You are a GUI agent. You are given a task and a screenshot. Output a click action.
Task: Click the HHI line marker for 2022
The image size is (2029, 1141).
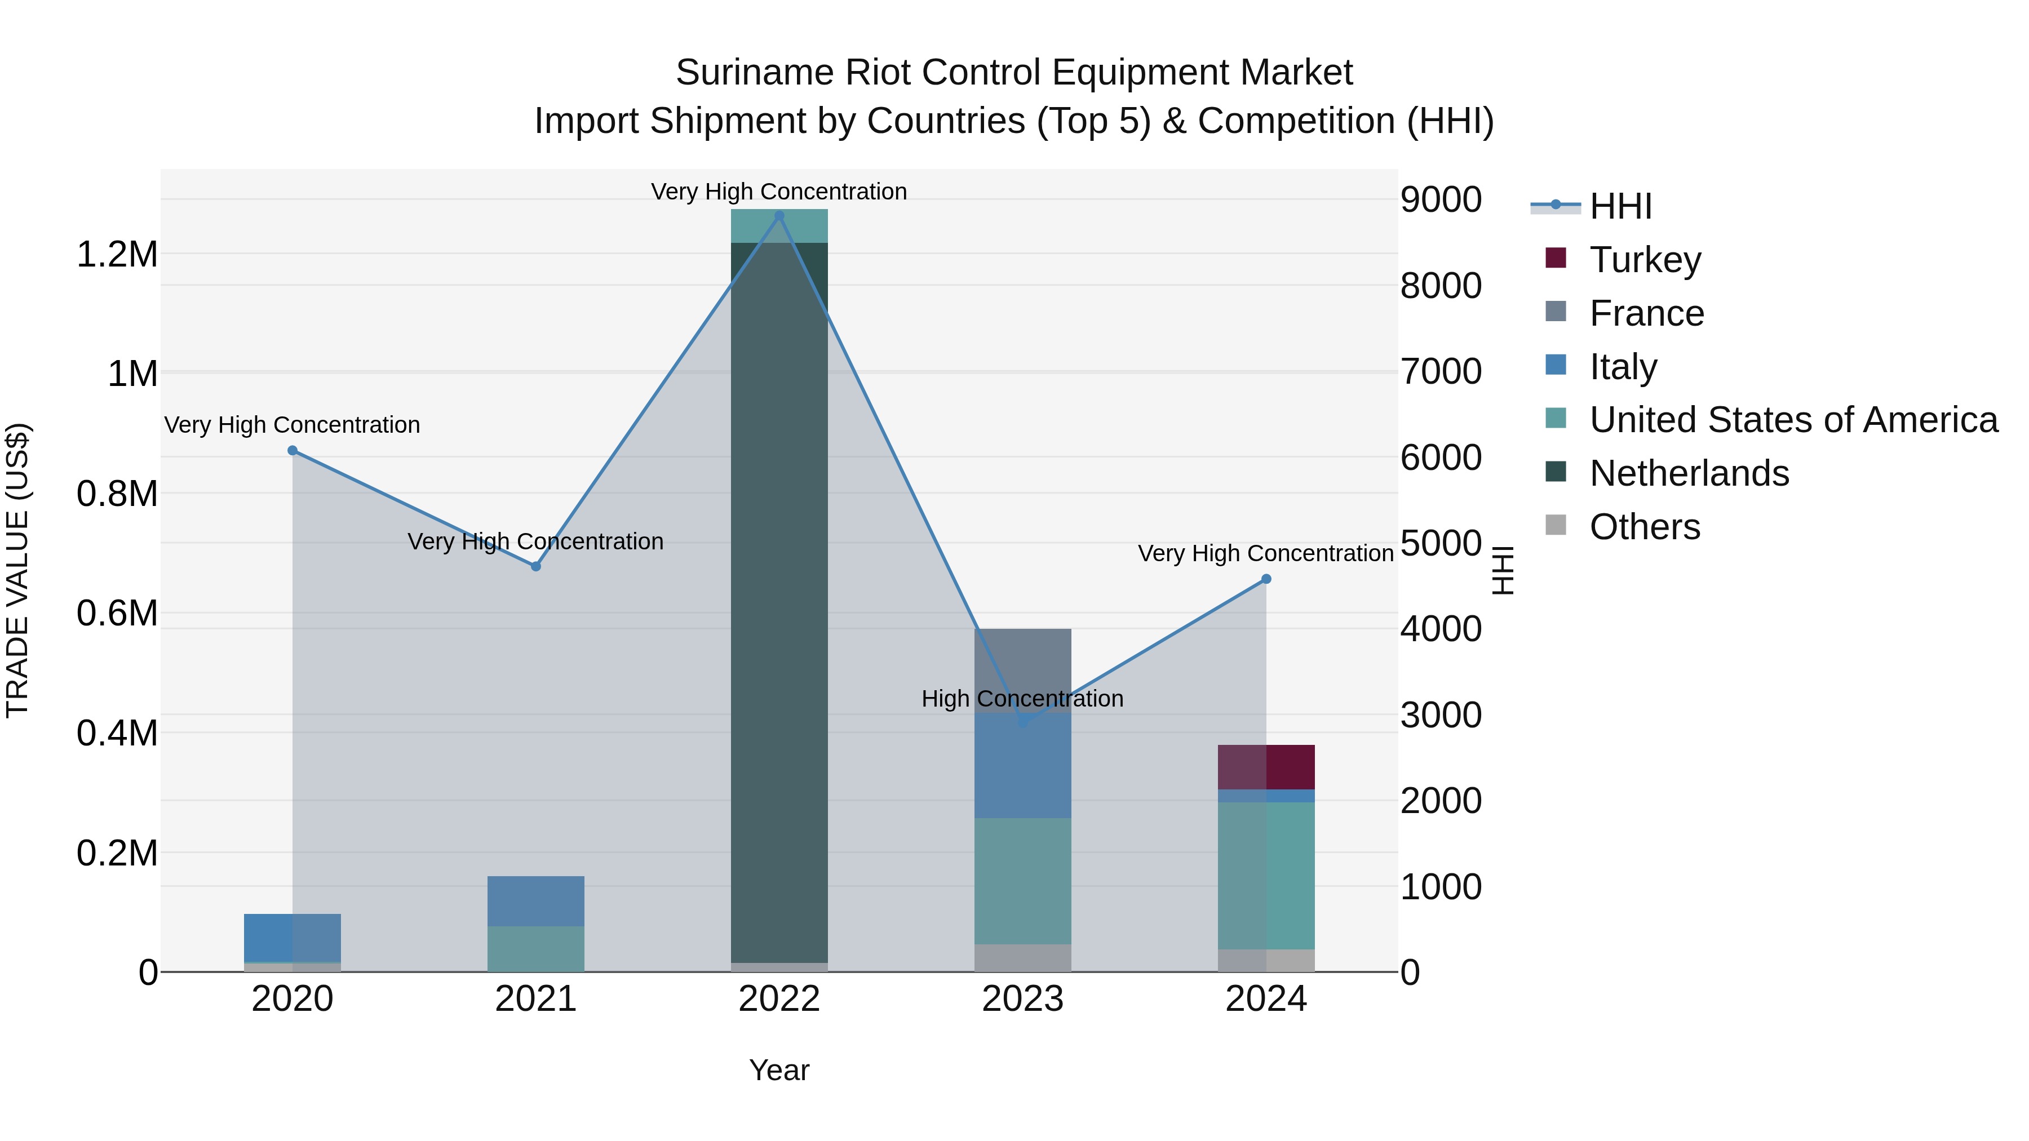(x=779, y=216)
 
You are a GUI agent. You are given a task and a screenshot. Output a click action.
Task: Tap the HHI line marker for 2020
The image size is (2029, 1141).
(x=292, y=450)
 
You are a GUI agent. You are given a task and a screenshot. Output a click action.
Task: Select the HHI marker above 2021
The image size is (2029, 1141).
(x=535, y=566)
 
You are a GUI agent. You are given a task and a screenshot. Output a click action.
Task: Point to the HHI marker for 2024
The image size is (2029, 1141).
(x=1266, y=579)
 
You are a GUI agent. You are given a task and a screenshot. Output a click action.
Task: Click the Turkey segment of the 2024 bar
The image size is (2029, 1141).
(x=1266, y=767)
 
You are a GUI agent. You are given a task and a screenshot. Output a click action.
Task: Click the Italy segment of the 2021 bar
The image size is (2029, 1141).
(x=535, y=901)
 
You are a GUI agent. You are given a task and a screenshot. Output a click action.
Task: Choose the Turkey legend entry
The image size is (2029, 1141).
(x=1645, y=260)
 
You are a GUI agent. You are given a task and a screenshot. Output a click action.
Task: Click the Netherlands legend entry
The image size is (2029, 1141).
(x=1689, y=473)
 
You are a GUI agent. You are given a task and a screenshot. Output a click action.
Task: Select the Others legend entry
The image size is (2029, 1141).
(x=1644, y=527)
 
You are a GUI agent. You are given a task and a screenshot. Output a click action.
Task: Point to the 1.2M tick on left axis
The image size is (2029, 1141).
(x=117, y=255)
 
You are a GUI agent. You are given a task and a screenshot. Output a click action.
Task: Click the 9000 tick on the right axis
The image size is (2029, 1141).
(x=1441, y=200)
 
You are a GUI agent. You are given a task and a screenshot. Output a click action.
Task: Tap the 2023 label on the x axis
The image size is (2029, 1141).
(x=1022, y=999)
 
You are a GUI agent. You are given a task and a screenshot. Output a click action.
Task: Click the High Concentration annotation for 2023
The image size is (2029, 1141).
(x=1022, y=699)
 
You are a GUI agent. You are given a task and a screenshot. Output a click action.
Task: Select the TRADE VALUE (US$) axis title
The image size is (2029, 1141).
(x=17, y=570)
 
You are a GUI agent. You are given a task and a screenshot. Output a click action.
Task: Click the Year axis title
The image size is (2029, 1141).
(x=778, y=1070)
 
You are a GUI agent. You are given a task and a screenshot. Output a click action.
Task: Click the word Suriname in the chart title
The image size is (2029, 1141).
(x=754, y=73)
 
